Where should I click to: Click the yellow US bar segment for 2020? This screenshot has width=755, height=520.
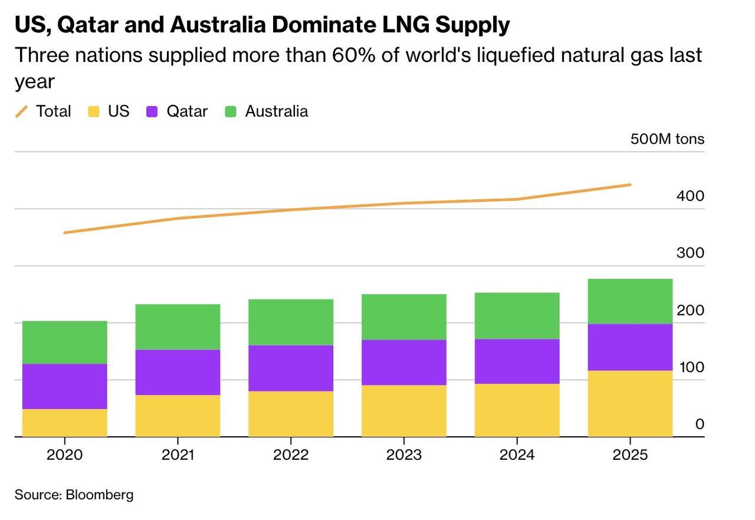click(x=65, y=423)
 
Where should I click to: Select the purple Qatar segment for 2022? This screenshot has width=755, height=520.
click(x=291, y=368)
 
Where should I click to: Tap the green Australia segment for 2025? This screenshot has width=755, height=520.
click(x=630, y=301)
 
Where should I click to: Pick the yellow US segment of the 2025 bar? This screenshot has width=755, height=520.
click(x=630, y=403)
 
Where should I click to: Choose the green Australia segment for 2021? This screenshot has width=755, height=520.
click(x=178, y=327)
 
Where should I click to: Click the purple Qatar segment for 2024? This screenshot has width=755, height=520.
click(x=517, y=361)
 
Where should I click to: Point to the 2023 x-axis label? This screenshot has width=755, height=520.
click(x=403, y=455)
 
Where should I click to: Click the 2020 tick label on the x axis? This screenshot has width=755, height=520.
click(x=65, y=455)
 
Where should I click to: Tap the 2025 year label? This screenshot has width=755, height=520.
click(x=630, y=455)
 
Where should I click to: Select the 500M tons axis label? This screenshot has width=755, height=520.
click(x=667, y=139)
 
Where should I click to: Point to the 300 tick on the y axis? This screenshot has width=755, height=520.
click(x=690, y=253)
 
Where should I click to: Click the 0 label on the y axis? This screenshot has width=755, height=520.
click(x=699, y=424)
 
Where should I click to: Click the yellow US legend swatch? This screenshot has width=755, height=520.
click(x=93, y=111)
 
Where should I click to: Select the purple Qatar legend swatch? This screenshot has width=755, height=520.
click(x=152, y=111)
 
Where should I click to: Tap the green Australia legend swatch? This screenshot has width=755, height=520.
click(x=231, y=111)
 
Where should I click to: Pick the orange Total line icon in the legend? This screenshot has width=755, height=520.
click(x=22, y=111)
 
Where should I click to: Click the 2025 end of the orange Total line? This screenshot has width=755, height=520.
click(x=630, y=185)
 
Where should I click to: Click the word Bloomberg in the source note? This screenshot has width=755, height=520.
click(x=99, y=495)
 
